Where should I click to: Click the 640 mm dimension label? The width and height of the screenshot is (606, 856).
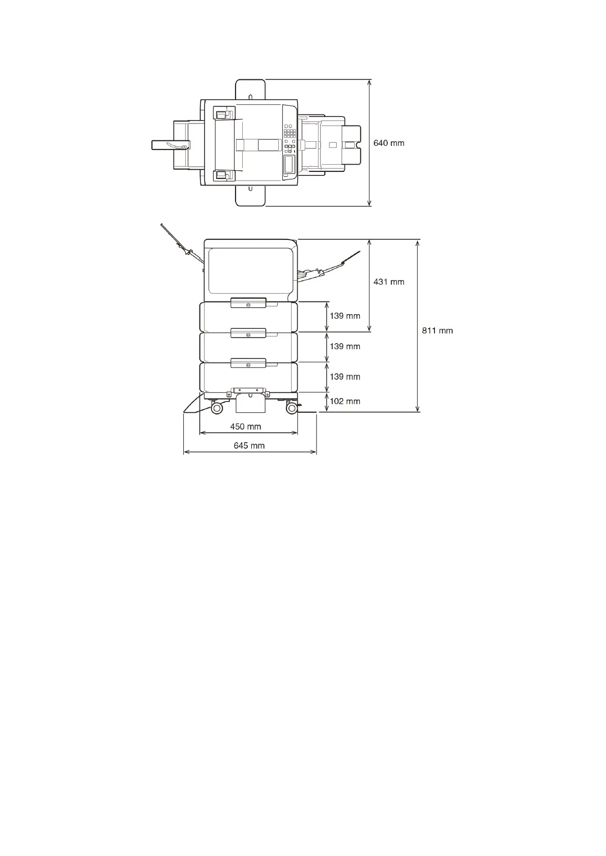(x=389, y=143)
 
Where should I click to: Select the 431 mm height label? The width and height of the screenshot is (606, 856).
(x=389, y=282)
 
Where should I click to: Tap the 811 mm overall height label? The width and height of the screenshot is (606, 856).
(x=437, y=331)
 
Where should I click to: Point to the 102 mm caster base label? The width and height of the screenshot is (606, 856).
(x=345, y=402)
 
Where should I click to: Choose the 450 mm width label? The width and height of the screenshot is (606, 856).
(x=245, y=427)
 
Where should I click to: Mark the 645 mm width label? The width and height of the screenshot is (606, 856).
(x=249, y=446)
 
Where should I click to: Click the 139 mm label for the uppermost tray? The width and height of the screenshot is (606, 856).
(x=345, y=316)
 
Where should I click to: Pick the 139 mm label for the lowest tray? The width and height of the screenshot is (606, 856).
(x=345, y=377)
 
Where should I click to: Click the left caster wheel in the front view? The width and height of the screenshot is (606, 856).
(x=217, y=408)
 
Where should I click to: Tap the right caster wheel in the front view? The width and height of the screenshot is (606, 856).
(x=292, y=408)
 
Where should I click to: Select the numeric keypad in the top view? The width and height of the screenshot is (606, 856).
(x=290, y=133)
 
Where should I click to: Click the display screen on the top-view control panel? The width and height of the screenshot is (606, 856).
(x=289, y=164)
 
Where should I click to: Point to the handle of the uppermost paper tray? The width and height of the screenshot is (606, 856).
(x=248, y=303)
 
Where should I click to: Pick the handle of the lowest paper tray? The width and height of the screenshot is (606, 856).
(x=248, y=363)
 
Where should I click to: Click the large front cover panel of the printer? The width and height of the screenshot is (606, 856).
(x=249, y=271)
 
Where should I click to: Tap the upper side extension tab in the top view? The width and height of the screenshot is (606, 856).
(x=250, y=89)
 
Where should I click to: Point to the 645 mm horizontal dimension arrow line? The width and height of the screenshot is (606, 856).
(x=249, y=452)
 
